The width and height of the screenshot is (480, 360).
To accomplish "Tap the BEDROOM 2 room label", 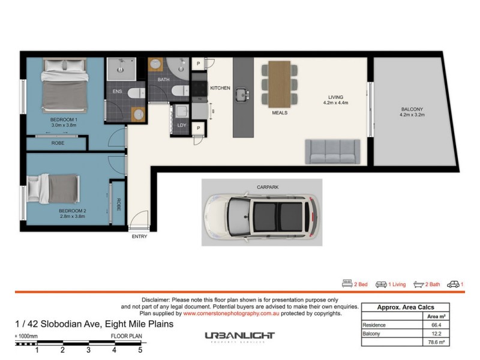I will (73, 211).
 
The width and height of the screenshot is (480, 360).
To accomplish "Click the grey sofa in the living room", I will (332, 152).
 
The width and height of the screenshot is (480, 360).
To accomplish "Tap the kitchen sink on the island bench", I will (243, 94).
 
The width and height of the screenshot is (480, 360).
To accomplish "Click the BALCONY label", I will (412, 109).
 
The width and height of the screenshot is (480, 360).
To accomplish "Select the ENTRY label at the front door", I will (139, 236).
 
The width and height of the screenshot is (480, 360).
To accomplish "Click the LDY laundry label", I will (182, 125).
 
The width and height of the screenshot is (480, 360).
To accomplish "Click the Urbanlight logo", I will (239, 337).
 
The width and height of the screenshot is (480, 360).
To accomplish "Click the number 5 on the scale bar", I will (140, 349).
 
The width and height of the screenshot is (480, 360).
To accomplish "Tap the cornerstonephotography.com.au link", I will (232, 313).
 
